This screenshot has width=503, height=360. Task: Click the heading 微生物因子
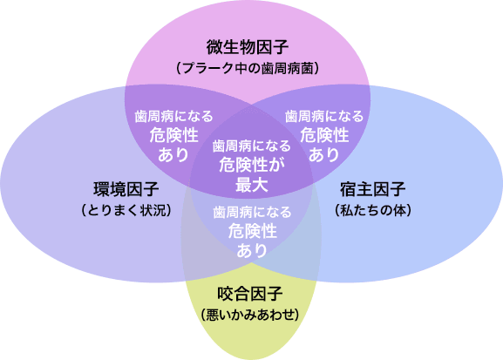[248, 47]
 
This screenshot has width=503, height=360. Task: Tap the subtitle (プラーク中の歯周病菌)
[248, 68]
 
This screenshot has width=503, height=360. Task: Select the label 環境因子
[126, 189]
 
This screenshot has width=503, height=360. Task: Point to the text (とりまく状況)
[126, 210]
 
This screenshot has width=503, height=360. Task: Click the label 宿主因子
[373, 189]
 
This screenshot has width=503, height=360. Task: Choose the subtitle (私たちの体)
[373, 210]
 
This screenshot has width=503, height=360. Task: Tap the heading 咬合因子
[250, 294]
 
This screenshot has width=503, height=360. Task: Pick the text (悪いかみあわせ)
[250, 315]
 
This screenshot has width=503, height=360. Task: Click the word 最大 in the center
[251, 185]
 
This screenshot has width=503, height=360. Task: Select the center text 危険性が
[252, 166]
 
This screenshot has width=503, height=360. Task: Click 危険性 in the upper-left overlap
[173, 135]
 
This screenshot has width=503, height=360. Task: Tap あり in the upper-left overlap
[173, 154]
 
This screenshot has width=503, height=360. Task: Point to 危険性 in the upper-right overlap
[324, 135]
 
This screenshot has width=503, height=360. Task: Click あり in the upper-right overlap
[324, 154]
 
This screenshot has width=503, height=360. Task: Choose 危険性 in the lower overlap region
[253, 231]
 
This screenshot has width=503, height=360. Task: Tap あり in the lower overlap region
[252, 250]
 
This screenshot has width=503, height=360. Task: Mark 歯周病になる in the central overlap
[251, 146]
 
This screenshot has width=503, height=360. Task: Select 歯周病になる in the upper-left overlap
[173, 116]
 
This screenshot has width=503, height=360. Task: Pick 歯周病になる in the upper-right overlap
[324, 116]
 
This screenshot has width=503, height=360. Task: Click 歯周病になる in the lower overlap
[252, 212]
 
